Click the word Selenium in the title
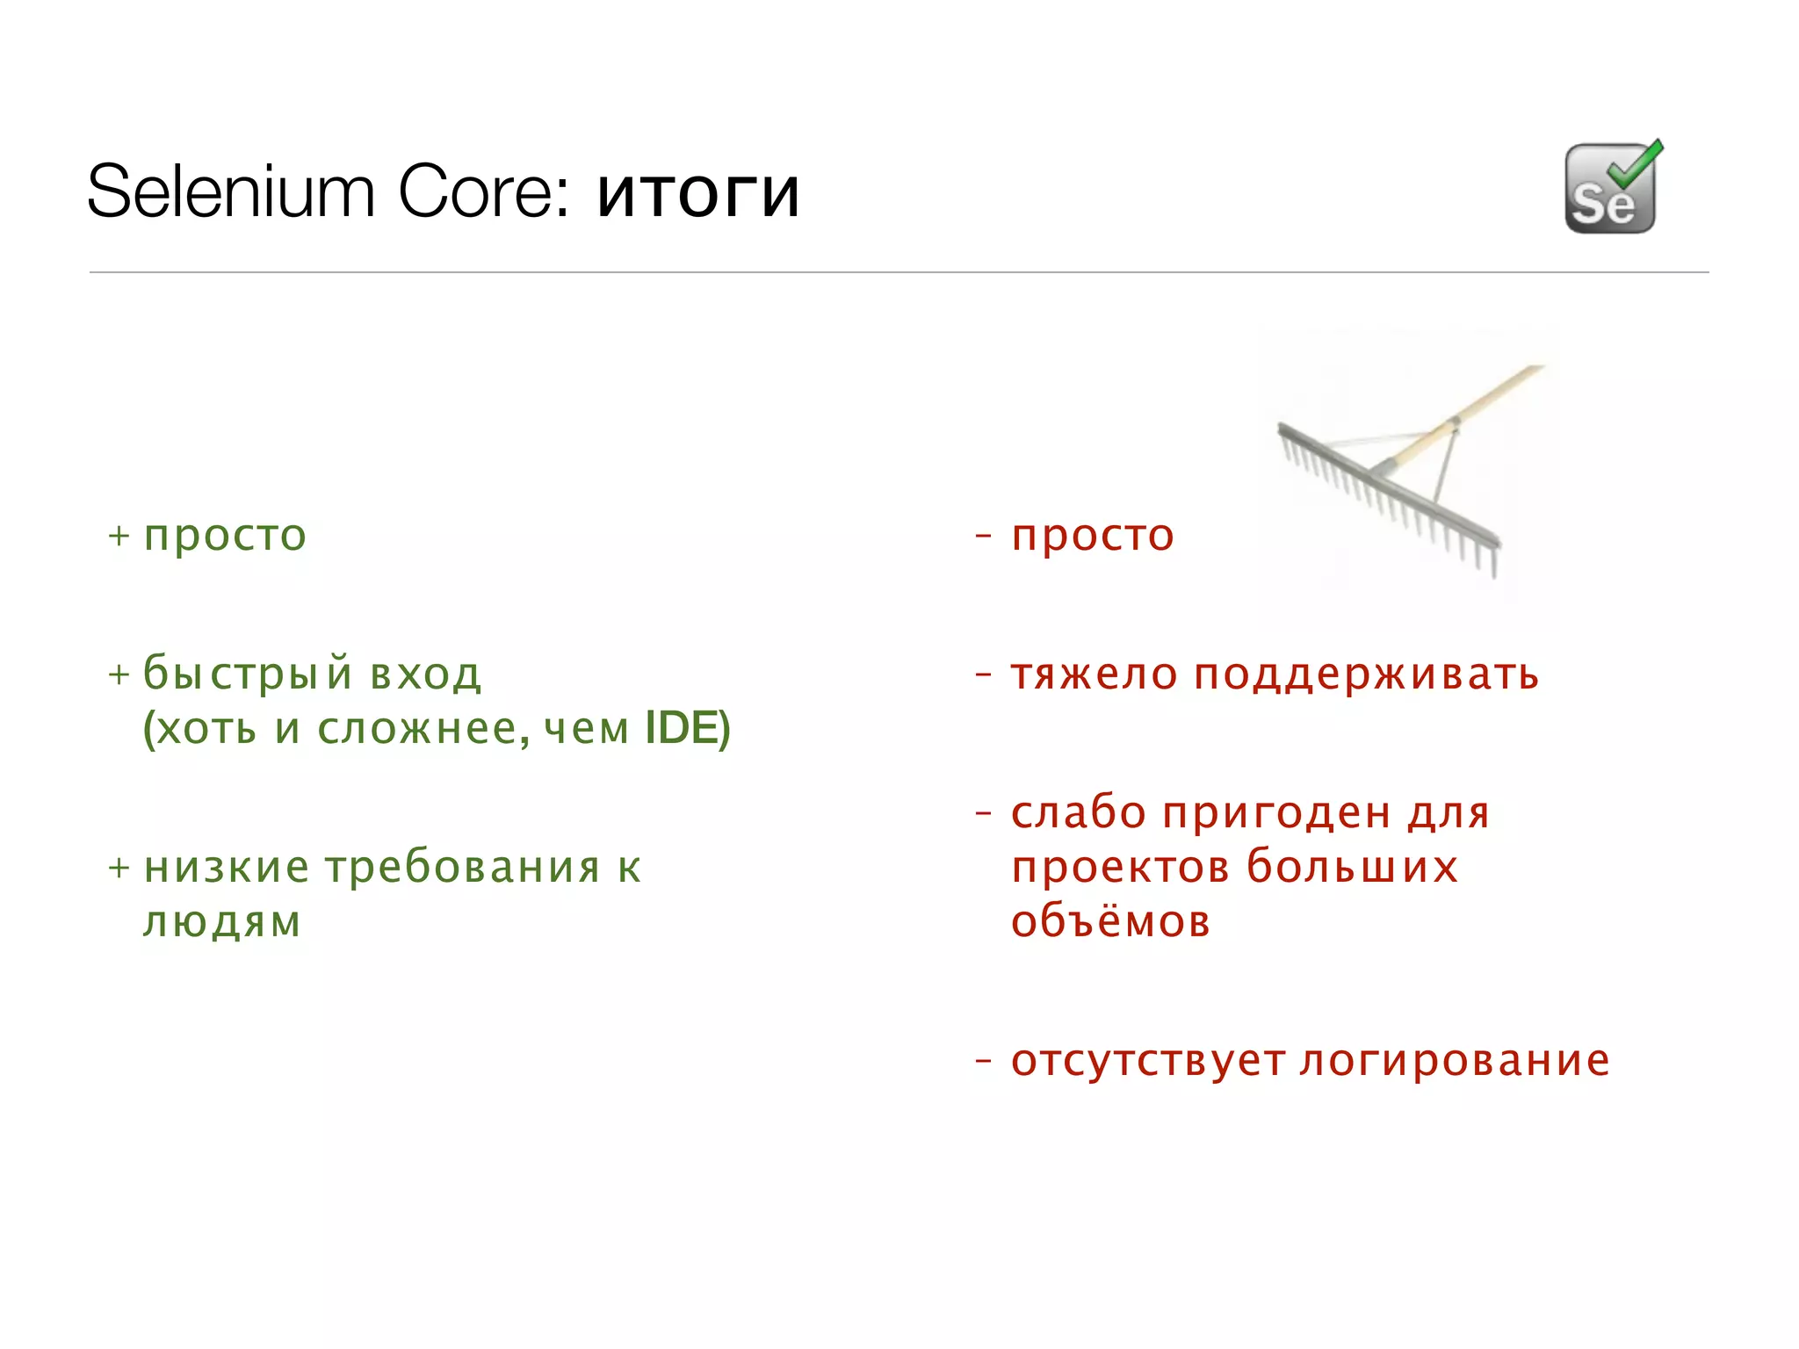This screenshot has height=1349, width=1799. click(x=231, y=192)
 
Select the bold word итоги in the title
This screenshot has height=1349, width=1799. click(x=698, y=194)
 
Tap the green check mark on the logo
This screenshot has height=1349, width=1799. click(x=1636, y=163)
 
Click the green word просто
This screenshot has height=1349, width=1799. click(x=225, y=536)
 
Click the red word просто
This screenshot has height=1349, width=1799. click(x=1092, y=536)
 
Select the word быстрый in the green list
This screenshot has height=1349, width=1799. click(x=249, y=674)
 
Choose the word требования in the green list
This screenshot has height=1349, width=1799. click(x=463, y=867)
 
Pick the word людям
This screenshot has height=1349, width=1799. click(x=222, y=921)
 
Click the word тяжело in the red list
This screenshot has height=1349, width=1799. click(x=1094, y=674)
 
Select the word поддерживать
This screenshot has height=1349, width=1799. click(x=1366, y=674)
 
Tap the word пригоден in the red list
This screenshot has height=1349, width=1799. click(x=1277, y=813)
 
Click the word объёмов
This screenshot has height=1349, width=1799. click(x=1110, y=921)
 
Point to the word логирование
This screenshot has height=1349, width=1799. click(x=1454, y=1060)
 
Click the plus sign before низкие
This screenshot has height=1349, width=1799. click(x=119, y=868)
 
